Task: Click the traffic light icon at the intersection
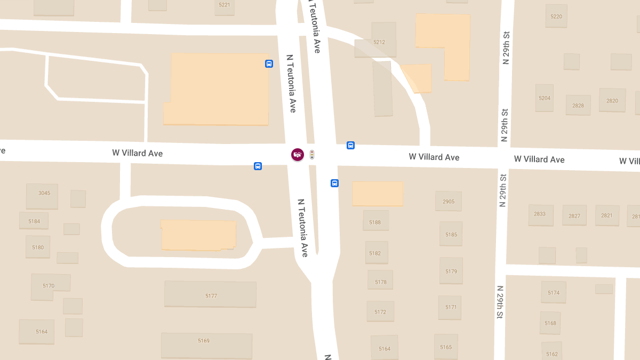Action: pyautogui.click(x=312, y=155)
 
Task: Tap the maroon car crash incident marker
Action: pyautogui.click(x=298, y=155)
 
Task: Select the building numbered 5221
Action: pyautogui.click(x=225, y=5)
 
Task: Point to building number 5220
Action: pyautogui.click(x=556, y=16)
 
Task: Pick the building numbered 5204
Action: pyautogui.click(x=545, y=98)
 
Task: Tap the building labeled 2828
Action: pyautogui.click(x=578, y=105)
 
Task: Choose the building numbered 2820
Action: pyautogui.click(x=612, y=100)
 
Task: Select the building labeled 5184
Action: pyautogui.click(x=34, y=221)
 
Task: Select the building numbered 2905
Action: pyautogui.click(x=449, y=201)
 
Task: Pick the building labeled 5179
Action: pyautogui.click(x=451, y=271)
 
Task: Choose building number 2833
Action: pyautogui.click(x=540, y=214)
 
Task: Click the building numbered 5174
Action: pyautogui.click(x=554, y=292)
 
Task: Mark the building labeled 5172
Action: pyautogui.click(x=380, y=311)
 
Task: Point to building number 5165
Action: pyautogui.click(x=446, y=347)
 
